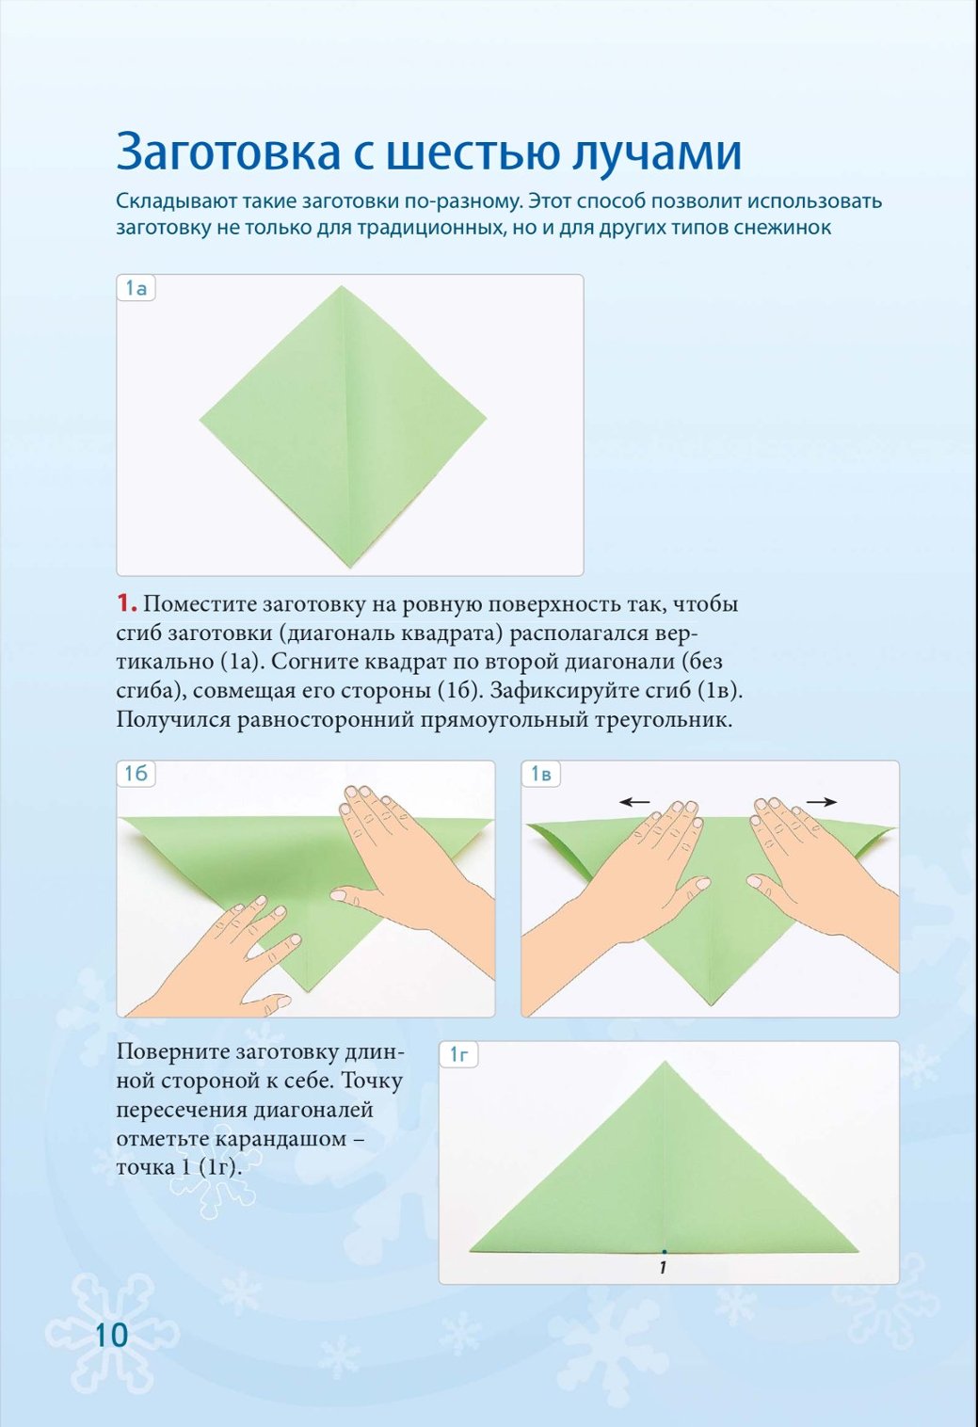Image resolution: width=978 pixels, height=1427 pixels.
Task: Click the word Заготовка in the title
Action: [228, 152]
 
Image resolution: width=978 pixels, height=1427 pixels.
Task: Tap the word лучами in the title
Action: [656, 152]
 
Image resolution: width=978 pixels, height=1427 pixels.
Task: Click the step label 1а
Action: [136, 288]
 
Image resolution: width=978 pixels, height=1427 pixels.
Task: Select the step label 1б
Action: [136, 773]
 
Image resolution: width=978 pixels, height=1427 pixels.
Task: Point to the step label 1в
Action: [541, 774]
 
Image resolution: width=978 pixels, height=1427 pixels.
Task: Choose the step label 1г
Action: [458, 1055]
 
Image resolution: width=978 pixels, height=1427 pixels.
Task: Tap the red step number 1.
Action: [126, 603]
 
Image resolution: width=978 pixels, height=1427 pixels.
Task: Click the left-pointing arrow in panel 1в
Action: [635, 802]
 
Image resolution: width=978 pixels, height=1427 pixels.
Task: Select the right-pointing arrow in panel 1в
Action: [822, 802]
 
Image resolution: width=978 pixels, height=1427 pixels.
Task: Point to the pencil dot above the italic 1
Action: [665, 1252]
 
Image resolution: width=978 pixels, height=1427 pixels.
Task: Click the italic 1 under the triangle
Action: [664, 1268]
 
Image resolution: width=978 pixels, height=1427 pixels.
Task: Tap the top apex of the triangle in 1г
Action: [665, 1062]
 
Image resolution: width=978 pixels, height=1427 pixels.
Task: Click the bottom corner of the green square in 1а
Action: [350, 567]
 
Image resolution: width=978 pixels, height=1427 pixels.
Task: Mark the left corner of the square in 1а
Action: [200, 420]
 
